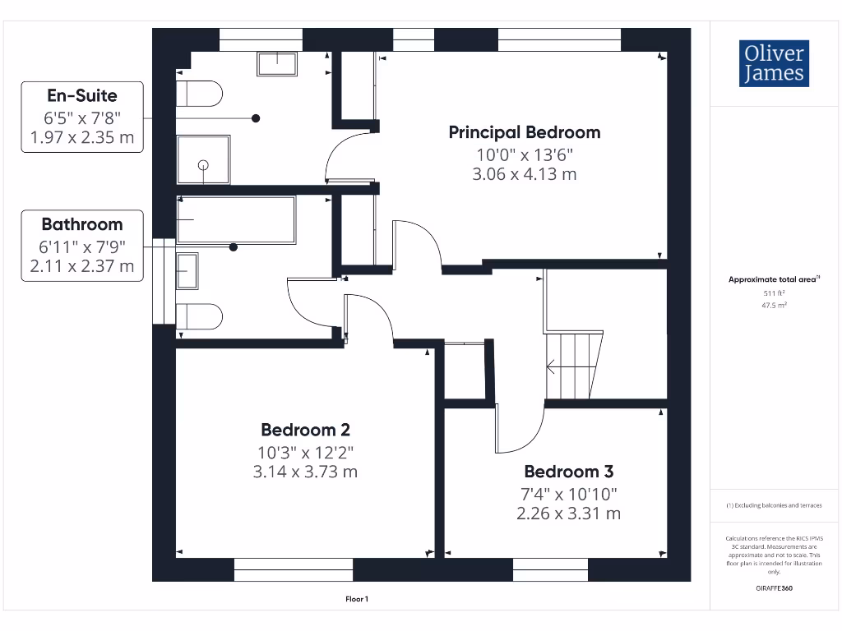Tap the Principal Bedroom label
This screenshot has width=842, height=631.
[524, 132]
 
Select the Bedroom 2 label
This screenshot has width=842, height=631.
[306, 430]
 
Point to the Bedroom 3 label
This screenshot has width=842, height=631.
[568, 472]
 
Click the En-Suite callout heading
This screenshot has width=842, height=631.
[81, 95]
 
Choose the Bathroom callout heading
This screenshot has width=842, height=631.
[82, 224]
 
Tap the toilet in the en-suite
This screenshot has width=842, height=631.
[200, 94]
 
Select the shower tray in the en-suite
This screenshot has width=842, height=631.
[203, 160]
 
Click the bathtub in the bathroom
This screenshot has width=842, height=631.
[236, 220]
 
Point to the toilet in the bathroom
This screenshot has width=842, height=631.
[200, 316]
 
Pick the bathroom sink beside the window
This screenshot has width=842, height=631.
[187, 271]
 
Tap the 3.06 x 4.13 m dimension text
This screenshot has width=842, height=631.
[524, 174]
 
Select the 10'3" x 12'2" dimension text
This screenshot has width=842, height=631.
[306, 452]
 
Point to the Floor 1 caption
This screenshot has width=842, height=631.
[357, 599]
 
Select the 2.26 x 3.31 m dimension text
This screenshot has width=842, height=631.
[568, 514]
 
